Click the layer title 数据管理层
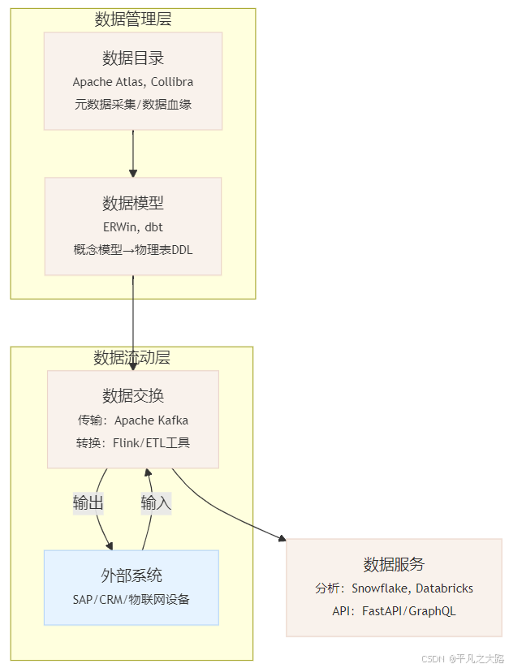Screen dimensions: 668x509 133,19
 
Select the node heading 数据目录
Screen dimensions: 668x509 133,58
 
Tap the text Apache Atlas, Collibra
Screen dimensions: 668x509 133,82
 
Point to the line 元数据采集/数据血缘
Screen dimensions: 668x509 133,104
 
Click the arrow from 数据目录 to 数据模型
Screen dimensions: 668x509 133,153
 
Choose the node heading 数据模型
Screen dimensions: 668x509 133,203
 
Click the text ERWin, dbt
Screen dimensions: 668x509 133,227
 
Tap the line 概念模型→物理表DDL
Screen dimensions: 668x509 133,250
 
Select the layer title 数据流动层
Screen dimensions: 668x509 132,358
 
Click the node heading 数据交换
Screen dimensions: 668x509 133,395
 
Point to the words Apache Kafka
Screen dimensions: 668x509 152,420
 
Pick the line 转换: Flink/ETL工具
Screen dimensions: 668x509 134,443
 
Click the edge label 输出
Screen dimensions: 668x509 88,503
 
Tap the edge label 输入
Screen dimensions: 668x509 156,503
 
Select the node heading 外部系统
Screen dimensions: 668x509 132,575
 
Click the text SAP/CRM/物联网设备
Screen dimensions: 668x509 132,599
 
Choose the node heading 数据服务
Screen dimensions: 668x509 395,564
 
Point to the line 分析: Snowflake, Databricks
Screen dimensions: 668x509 395,588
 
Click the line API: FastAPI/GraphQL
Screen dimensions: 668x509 395,610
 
